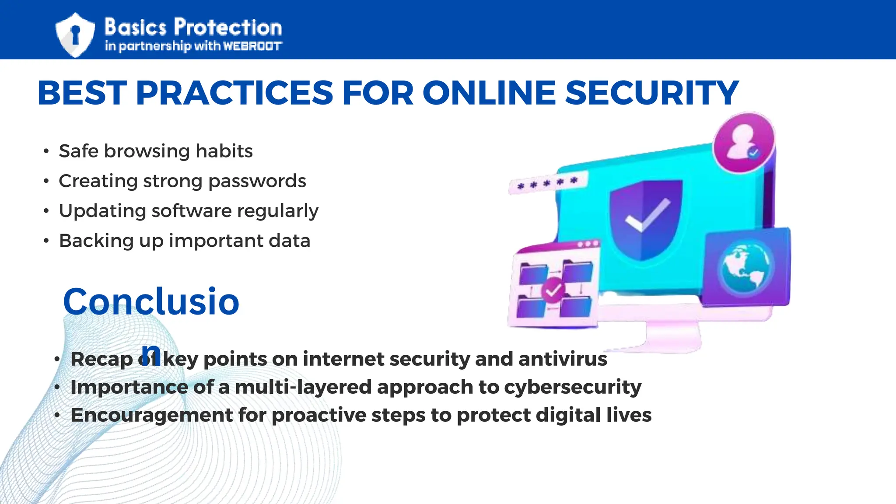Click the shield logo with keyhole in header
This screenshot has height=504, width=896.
pyautogui.click(x=75, y=35)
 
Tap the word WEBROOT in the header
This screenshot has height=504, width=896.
pyautogui.click(x=252, y=46)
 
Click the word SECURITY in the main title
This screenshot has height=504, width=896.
pyautogui.click(x=651, y=93)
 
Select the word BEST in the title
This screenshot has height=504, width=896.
pyautogui.click(x=82, y=93)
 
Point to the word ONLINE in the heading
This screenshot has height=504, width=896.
pyautogui.click(x=489, y=93)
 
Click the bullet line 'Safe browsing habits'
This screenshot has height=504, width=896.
pyautogui.click(x=156, y=151)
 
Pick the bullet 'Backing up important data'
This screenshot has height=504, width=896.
pyautogui.click(x=185, y=241)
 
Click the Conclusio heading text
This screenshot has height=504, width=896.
pyautogui.click(x=151, y=301)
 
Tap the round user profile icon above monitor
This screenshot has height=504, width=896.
pyautogui.click(x=744, y=143)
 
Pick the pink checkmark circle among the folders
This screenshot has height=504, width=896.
pyautogui.click(x=553, y=290)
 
